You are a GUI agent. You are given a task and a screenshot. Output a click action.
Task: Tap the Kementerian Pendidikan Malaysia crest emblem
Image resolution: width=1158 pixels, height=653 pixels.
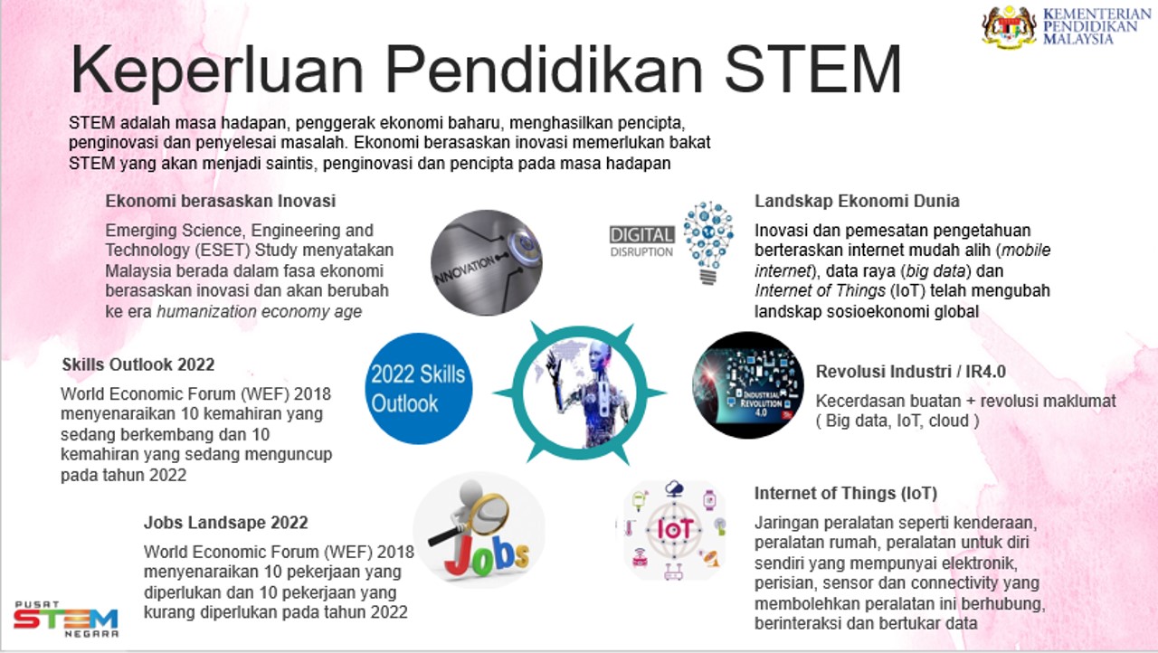coord(1009,25)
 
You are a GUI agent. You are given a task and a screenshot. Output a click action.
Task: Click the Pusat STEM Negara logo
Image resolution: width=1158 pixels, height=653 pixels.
coord(65,620)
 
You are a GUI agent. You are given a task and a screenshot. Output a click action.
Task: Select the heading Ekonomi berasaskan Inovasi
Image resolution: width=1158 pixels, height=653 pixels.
coord(221,201)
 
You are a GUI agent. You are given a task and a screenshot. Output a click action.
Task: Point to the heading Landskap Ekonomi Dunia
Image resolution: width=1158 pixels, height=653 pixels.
coord(858,201)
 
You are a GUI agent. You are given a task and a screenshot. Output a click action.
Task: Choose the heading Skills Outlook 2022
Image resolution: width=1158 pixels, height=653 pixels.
coord(138,364)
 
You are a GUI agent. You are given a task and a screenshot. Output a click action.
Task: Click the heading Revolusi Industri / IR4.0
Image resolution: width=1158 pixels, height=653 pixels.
coord(911,372)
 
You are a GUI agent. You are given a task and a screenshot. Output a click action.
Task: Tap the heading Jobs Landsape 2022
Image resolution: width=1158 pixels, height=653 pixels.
coord(226,523)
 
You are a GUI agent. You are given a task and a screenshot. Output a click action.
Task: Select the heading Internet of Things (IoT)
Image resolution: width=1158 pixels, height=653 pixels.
coord(846,494)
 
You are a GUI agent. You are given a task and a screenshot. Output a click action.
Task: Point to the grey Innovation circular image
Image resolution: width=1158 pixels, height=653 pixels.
coord(486,262)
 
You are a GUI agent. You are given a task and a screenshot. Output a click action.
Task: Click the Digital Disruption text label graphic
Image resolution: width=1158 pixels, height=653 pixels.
coord(641,241)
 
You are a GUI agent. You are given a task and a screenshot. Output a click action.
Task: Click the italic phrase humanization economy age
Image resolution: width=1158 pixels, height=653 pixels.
coord(259,312)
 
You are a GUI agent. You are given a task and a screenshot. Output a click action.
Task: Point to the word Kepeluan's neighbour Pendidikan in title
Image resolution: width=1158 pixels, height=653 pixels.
coord(518,71)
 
